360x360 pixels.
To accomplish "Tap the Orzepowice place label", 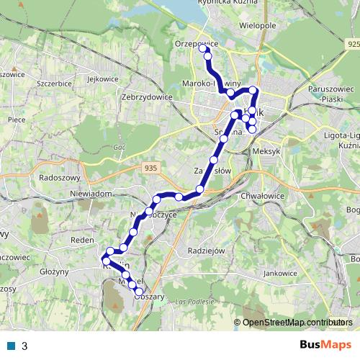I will coord(196,43).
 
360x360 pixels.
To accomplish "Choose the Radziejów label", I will coord(206,251).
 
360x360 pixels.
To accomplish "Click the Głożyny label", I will coord(54,272).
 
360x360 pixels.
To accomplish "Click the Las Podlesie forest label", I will coord(194,301).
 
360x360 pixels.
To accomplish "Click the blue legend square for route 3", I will coord(11,346).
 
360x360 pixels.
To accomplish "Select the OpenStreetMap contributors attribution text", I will coord(298,323).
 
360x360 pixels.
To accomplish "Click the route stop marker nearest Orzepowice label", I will coord(203,49).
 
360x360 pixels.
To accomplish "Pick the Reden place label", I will coord(78,239).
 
